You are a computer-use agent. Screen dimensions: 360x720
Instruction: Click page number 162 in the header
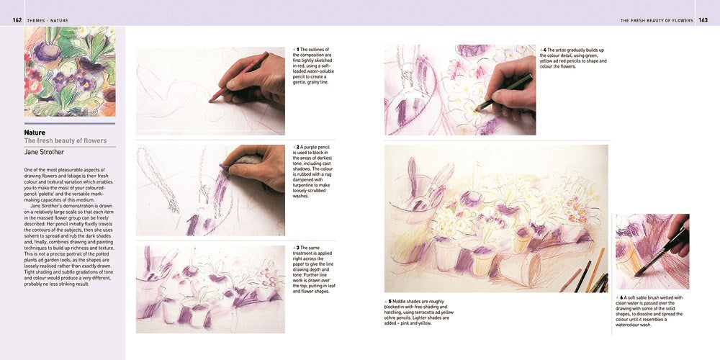(17, 20)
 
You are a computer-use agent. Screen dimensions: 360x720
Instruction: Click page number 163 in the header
(703, 20)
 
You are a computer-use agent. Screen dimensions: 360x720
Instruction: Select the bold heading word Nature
(35, 132)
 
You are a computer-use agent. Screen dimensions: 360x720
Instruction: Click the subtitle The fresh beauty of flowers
(66, 141)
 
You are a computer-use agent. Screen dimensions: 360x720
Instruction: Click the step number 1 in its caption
(297, 49)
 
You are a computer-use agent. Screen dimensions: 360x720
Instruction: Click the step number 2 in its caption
(297, 147)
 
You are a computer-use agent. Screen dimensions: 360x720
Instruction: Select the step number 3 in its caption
(297, 247)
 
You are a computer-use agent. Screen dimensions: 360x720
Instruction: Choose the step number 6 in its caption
(621, 297)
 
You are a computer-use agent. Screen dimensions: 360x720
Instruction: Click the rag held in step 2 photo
(246, 160)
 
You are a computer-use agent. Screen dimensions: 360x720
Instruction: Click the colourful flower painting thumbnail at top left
(70, 71)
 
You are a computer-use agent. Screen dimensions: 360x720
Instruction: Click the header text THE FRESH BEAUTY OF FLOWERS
(657, 20)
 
